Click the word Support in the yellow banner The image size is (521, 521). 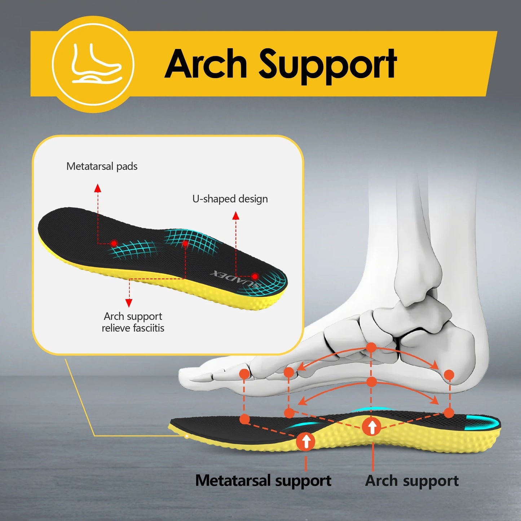click(328, 66)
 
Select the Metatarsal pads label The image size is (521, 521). click(102, 166)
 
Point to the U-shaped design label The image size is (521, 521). click(230, 199)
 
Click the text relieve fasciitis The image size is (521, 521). click(133, 328)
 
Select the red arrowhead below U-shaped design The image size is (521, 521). click(236, 216)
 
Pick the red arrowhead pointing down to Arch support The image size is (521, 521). click(129, 303)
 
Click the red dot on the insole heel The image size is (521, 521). click(255, 276)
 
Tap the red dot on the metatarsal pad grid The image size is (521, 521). click(114, 243)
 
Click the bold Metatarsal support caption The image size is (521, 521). click(263, 481)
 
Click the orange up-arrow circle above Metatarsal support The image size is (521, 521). click(306, 441)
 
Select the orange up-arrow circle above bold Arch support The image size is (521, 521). click(372, 427)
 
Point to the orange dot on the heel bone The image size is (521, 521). click(449, 375)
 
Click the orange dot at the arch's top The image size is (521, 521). click(371, 347)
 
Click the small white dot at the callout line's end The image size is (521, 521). click(186, 436)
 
